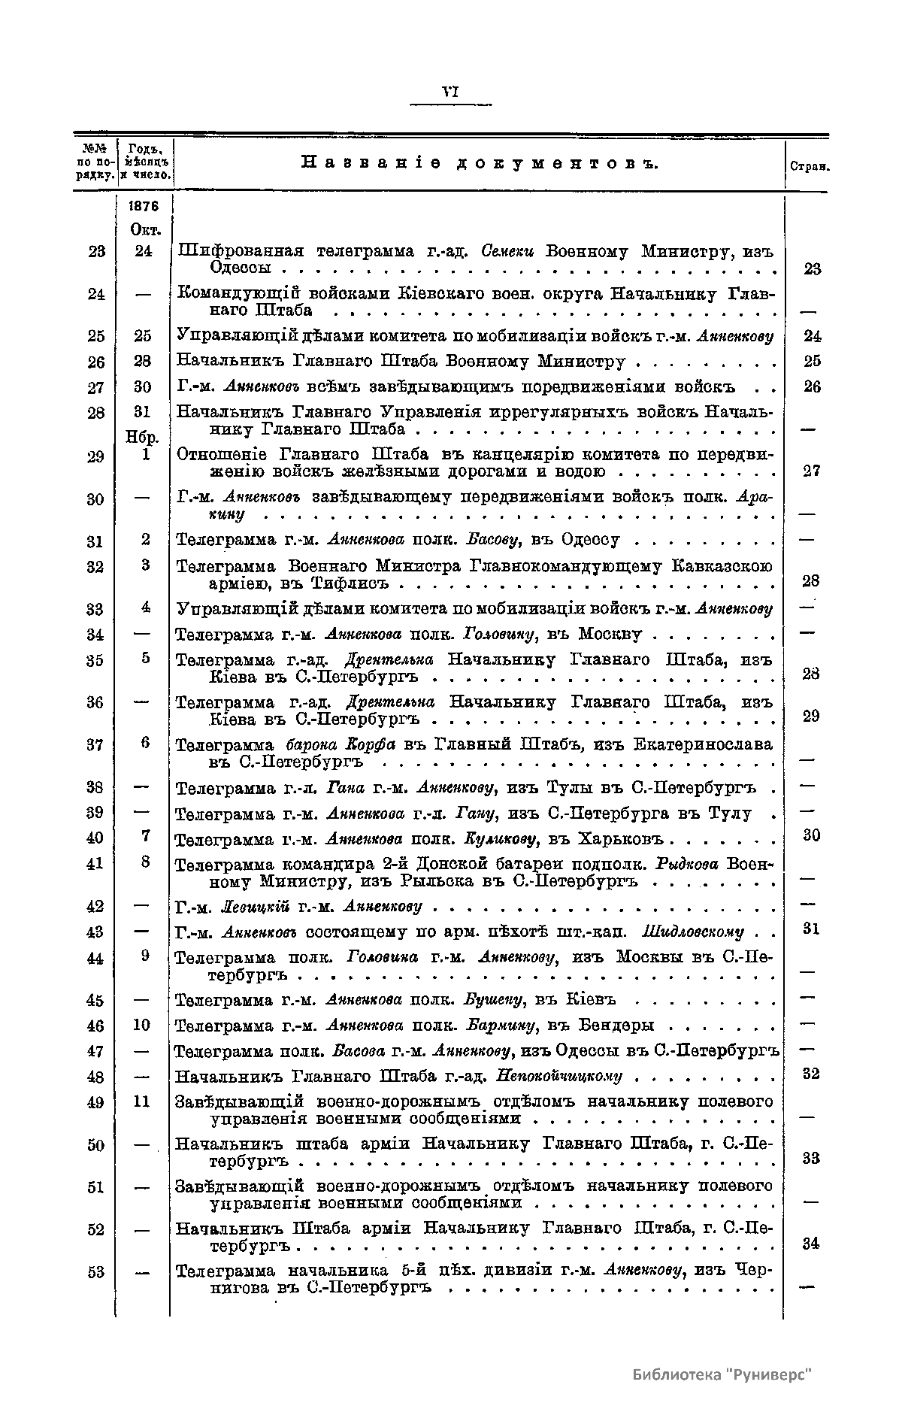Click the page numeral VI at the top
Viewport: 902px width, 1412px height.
coord(450,92)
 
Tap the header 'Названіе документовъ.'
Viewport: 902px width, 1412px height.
coord(479,162)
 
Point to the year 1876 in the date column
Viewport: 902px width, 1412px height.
coord(143,207)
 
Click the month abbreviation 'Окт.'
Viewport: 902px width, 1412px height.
coord(143,229)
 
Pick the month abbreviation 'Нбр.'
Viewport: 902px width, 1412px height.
coord(143,438)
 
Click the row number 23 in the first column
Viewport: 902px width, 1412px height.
coord(95,252)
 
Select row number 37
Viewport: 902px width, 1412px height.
coord(95,745)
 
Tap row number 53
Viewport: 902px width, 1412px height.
coord(95,1272)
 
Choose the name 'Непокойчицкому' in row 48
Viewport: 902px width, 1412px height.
coord(559,1076)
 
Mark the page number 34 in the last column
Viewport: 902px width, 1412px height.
coord(810,1244)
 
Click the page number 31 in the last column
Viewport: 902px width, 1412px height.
coord(810,929)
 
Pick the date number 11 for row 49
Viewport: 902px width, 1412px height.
coord(142,1101)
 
